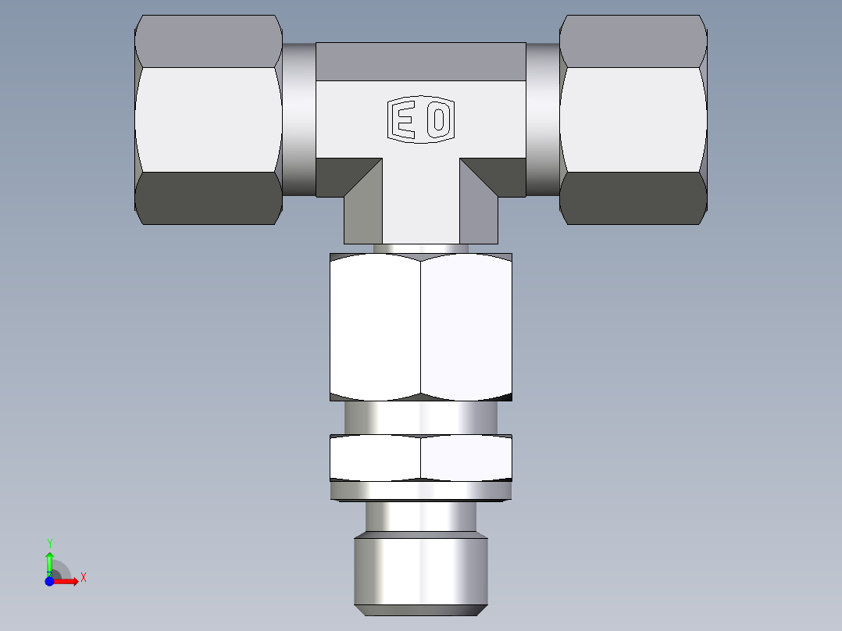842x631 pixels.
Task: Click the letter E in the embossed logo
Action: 404,120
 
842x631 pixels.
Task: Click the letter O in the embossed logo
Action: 439,120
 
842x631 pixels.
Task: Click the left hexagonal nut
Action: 209,119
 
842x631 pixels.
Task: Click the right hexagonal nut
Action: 633,119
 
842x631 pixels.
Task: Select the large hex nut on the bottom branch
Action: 420,326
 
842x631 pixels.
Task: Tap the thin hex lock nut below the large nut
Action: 420,458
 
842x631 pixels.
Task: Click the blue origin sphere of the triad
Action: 49,581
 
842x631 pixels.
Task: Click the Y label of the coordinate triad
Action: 49,543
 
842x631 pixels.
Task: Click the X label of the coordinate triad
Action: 83,578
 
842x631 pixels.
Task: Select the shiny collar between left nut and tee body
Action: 299,119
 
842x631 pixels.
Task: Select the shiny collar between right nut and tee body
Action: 543,119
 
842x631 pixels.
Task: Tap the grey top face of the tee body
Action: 420,62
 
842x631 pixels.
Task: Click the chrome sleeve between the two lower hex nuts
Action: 420,418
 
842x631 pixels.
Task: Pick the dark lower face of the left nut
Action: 209,198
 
